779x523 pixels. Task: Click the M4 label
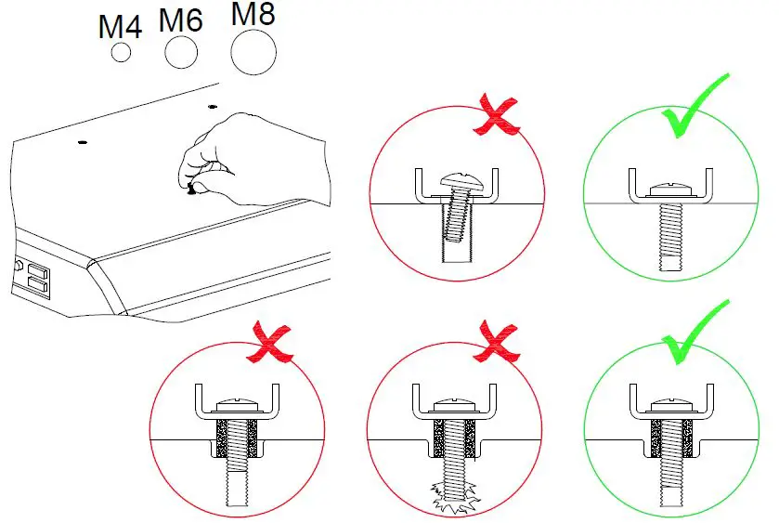[x=120, y=26]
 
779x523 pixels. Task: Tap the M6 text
[x=181, y=20]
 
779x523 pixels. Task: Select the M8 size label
[x=253, y=14]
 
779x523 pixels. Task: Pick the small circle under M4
[x=121, y=53]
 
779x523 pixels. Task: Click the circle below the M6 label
[x=181, y=53]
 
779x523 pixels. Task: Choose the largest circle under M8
[x=254, y=52]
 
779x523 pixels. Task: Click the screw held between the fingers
[x=192, y=190]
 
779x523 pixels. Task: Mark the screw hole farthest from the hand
[x=83, y=143]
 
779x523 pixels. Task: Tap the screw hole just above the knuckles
[x=213, y=108]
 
